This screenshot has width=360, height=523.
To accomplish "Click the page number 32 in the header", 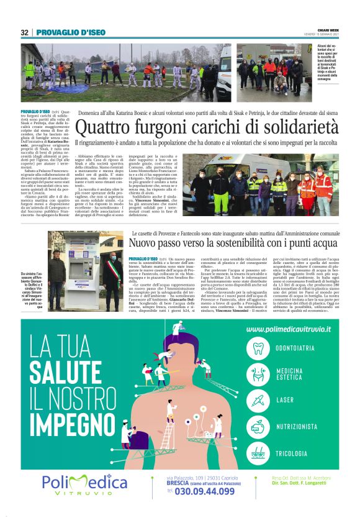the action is (x=25, y=32).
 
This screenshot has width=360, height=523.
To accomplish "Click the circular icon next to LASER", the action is (x=258, y=399).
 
